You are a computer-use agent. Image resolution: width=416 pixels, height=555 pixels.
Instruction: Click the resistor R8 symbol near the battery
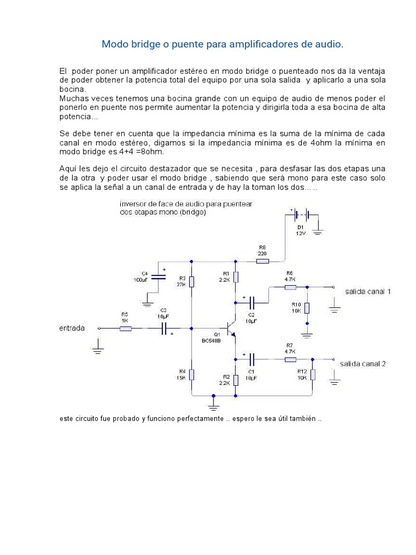[x=263, y=261]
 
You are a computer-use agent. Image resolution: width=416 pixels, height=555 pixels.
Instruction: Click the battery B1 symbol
[x=301, y=215]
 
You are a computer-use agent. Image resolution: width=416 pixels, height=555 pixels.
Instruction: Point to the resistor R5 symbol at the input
[x=126, y=328]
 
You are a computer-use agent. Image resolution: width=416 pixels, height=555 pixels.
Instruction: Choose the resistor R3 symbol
[x=192, y=282]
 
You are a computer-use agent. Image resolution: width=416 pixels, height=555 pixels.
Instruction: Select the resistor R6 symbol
[x=290, y=287]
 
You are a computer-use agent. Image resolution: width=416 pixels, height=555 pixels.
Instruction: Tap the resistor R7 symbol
[x=290, y=359]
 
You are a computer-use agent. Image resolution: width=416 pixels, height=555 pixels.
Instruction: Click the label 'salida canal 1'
[x=368, y=292]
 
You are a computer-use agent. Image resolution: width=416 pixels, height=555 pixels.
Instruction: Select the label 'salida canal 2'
[x=362, y=364]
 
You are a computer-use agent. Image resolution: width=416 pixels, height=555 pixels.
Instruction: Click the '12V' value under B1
[x=301, y=234]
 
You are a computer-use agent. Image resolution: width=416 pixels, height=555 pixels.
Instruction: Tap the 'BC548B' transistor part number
[x=211, y=341]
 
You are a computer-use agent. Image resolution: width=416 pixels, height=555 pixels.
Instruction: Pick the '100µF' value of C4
[x=141, y=280]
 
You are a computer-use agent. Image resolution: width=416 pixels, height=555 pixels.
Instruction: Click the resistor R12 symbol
[x=313, y=375]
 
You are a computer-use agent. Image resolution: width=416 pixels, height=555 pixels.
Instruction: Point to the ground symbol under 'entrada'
[x=97, y=350]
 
